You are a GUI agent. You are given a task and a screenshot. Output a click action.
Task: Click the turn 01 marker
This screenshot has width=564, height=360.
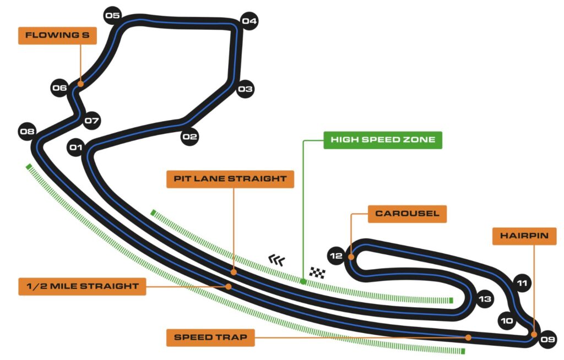pyautogui.click(x=75, y=147)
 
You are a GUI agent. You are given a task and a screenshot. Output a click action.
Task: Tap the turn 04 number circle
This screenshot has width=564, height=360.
pyautogui.click(x=249, y=21)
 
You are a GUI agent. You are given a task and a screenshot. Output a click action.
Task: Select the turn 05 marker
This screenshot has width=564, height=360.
pyautogui.click(x=112, y=15)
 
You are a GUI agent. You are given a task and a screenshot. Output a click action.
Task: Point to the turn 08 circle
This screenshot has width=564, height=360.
pyautogui.click(x=26, y=132)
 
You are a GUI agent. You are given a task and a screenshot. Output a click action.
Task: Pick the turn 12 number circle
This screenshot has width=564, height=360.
pyautogui.click(x=335, y=255)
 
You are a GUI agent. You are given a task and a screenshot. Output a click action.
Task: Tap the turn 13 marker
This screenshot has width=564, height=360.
pyautogui.click(x=484, y=299)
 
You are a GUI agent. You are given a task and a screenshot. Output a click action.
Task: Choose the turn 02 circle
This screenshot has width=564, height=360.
pyautogui.click(x=189, y=137)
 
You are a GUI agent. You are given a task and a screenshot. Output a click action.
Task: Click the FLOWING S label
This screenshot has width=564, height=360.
pyautogui.click(x=57, y=35)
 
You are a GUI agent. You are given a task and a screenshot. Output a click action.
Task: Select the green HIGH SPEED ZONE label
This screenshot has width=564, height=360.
pyautogui.click(x=383, y=140)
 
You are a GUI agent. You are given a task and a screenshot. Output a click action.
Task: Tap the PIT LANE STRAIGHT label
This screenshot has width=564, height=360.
pyautogui.click(x=230, y=179)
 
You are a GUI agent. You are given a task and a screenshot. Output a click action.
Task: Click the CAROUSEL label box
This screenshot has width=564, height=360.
pyautogui.click(x=407, y=214)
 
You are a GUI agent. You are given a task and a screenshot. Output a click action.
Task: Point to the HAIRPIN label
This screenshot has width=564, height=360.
pyautogui.click(x=524, y=236)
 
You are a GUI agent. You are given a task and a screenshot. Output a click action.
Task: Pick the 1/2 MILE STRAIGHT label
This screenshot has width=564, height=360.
pyautogui.click(x=82, y=286)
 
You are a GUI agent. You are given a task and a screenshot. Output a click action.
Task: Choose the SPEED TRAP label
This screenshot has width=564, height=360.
pyautogui.click(x=210, y=337)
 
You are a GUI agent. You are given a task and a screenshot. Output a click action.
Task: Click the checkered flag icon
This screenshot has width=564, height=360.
pyautogui.click(x=317, y=272)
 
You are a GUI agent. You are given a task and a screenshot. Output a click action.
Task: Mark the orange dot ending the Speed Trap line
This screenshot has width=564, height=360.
pyautogui.click(x=468, y=337)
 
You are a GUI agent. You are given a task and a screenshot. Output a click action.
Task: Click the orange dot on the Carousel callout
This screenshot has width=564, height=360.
pyautogui.click(x=351, y=257)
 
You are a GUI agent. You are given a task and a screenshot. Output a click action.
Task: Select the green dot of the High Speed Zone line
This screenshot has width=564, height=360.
pyautogui.click(x=303, y=282)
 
